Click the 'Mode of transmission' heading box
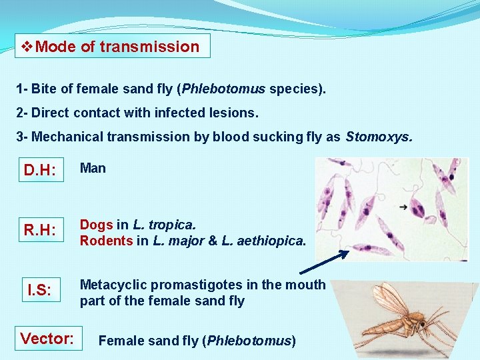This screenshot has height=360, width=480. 112,47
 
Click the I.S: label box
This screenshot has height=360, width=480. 40,291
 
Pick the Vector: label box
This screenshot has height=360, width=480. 47,338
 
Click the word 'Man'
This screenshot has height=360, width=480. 93,168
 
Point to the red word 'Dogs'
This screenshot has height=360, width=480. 96,225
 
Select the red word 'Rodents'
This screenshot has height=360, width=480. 106,241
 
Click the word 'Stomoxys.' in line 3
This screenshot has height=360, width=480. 379,137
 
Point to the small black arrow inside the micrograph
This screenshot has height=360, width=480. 403,207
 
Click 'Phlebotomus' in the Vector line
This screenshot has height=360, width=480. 249,341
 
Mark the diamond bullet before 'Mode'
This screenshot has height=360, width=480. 27,47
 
